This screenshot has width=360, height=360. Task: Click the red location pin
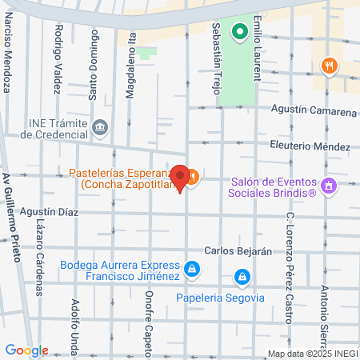(181, 178)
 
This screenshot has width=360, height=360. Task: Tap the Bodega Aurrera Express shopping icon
(191, 269)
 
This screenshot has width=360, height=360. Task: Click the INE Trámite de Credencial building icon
(100, 126)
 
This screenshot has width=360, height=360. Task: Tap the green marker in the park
(238, 33)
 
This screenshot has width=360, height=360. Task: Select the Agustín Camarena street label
(314, 112)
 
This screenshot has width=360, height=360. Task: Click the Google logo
(26, 350)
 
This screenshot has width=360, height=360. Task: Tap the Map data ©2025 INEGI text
(312, 354)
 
